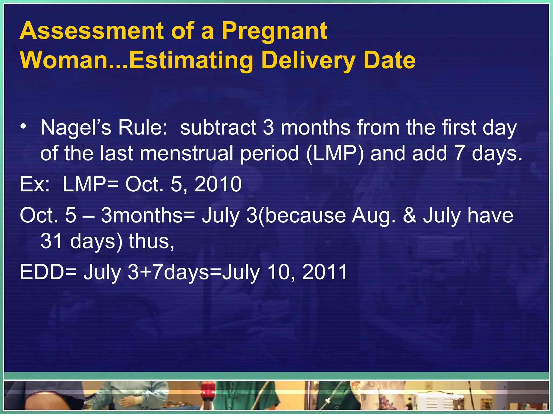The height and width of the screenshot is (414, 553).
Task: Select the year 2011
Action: click(x=325, y=272)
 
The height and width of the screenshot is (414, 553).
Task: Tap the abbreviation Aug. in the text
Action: click(x=373, y=216)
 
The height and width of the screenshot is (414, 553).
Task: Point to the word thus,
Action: click(x=151, y=241)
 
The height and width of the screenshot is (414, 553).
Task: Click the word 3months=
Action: click(x=148, y=216)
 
